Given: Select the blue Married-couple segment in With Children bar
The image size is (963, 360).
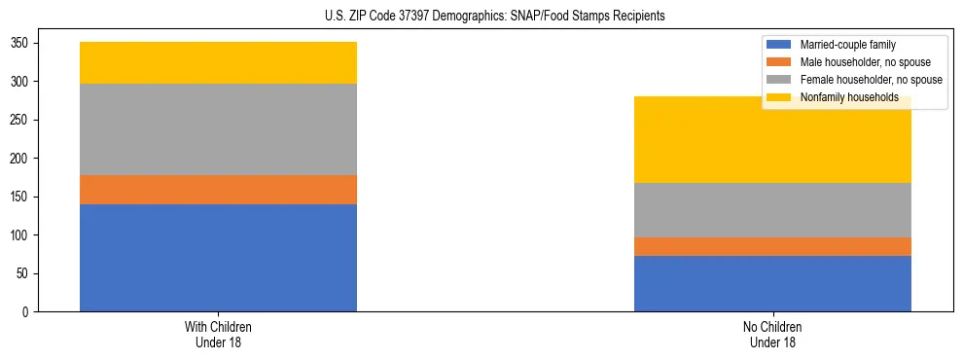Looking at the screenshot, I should (218, 258).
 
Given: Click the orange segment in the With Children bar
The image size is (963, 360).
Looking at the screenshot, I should (218, 190).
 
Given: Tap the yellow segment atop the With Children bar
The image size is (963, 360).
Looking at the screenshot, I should (218, 63).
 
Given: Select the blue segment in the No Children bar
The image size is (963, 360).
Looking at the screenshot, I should (772, 284).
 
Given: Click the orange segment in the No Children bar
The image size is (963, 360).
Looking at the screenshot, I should (772, 247).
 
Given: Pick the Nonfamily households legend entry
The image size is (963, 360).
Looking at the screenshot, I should (848, 97).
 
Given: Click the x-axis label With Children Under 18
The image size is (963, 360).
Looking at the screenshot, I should (218, 334).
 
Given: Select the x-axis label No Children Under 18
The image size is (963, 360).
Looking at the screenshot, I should (772, 334).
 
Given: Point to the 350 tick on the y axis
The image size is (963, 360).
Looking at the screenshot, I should (19, 44).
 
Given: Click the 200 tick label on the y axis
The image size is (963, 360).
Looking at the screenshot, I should (19, 159).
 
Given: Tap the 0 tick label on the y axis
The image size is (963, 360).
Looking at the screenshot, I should (26, 312).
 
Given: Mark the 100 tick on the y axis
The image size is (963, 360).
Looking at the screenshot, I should (19, 235).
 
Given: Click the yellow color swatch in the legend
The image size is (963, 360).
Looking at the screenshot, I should (779, 97).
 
